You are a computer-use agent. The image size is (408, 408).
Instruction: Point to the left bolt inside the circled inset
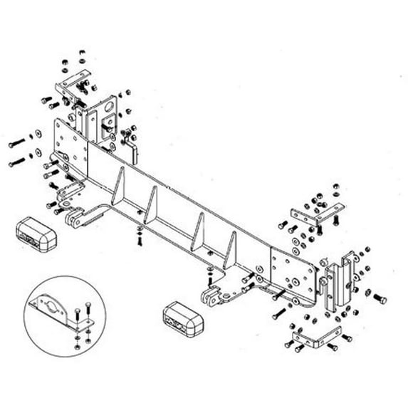[75, 311]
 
